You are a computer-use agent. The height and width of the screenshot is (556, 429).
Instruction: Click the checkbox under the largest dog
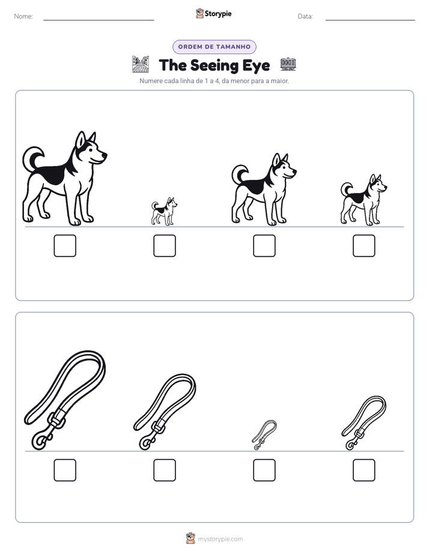65,246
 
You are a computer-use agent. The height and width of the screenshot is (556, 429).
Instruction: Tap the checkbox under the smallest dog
165,246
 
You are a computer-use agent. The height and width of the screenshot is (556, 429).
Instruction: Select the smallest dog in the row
164,211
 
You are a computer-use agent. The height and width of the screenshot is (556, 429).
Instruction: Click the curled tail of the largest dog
33,158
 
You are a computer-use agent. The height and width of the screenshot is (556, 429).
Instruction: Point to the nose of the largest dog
105,155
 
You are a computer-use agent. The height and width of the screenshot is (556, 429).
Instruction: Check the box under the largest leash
65,470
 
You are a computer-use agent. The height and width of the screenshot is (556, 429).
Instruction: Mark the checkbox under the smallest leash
264,470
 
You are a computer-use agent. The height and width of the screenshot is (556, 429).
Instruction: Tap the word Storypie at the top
218,14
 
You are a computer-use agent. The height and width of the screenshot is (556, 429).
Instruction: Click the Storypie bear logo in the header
199,13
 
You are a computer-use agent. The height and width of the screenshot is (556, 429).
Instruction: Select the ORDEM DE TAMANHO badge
214,47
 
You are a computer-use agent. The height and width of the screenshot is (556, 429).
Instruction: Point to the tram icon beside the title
288,64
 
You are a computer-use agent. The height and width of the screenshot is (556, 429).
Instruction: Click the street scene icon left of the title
141,64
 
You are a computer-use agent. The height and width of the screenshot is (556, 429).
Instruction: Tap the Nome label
23,16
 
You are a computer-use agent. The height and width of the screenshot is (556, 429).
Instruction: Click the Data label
305,16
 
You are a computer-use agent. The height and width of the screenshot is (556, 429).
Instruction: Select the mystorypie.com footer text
220,539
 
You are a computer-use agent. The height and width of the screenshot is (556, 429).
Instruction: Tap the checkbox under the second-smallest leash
364,470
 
